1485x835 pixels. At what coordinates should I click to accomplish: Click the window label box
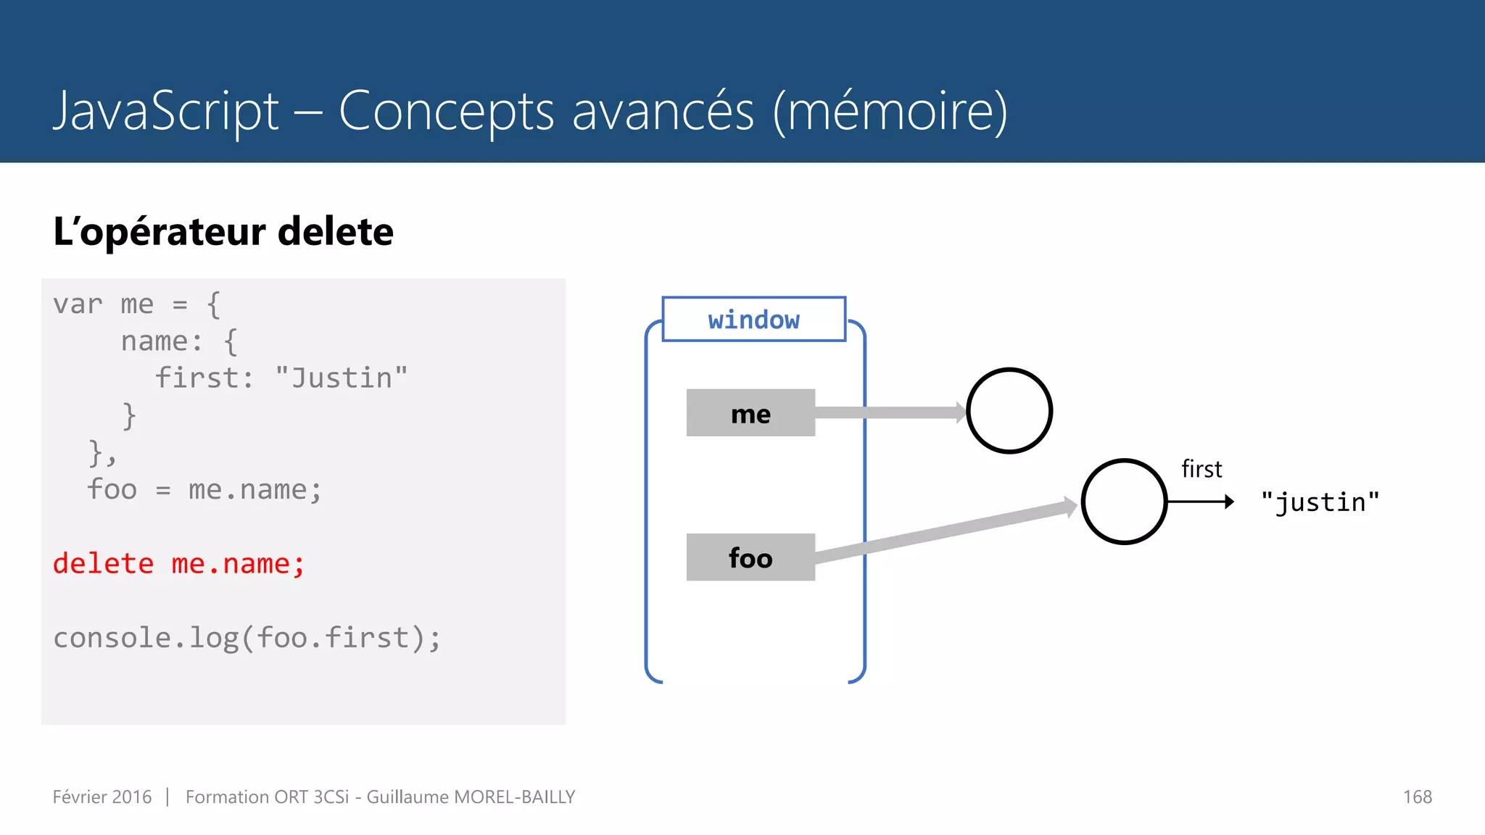(753, 319)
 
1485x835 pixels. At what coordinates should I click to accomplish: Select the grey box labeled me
(750, 413)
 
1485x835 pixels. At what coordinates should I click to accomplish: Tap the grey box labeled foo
(750, 557)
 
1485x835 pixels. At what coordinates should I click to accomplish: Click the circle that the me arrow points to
(1009, 411)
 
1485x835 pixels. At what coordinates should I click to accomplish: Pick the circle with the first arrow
(1124, 502)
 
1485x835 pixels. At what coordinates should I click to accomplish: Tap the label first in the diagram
(1201, 469)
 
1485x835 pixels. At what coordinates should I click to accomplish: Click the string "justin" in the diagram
(1320, 502)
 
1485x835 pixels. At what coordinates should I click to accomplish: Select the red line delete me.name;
(178, 564)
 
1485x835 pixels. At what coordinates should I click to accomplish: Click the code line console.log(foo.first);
(247, 638)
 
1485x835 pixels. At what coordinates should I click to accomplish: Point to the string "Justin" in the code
(342, 378)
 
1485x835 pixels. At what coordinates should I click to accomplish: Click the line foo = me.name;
(204, 489)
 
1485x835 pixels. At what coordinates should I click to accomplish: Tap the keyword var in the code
(77, 304)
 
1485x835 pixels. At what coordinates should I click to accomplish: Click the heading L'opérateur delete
(223, 232)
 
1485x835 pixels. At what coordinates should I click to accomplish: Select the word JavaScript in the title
(166, 111)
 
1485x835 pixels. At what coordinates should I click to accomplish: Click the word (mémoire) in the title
(890, 111)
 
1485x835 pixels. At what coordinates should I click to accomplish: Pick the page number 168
(1417, 797)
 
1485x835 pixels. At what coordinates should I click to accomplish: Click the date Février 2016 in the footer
(102, 797)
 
